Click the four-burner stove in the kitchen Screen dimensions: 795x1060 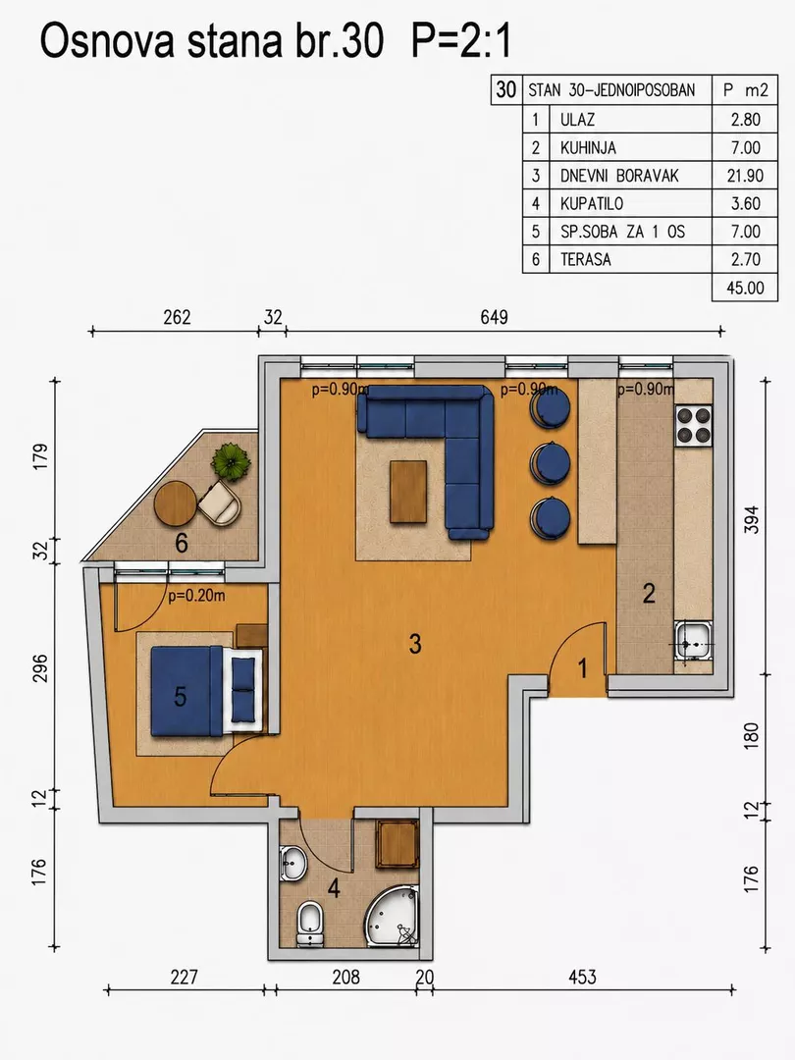694,425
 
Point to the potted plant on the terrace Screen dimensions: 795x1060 231,461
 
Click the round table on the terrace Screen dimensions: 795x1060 176,503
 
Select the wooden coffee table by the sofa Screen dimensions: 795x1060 408,491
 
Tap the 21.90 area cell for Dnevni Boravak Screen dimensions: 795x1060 745,176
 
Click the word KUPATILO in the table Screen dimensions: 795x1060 592,203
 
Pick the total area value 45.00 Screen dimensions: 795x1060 745,288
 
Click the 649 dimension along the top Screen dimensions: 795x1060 494,317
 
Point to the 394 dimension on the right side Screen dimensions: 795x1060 752,519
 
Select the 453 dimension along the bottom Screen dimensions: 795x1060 582,977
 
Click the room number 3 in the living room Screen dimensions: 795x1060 415,644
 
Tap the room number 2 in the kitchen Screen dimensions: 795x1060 649,594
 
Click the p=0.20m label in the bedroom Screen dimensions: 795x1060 196,596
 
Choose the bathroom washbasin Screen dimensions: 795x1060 292,863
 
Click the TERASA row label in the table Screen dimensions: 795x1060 585,259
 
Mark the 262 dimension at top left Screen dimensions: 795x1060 177,317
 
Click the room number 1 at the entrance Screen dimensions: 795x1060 583,668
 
